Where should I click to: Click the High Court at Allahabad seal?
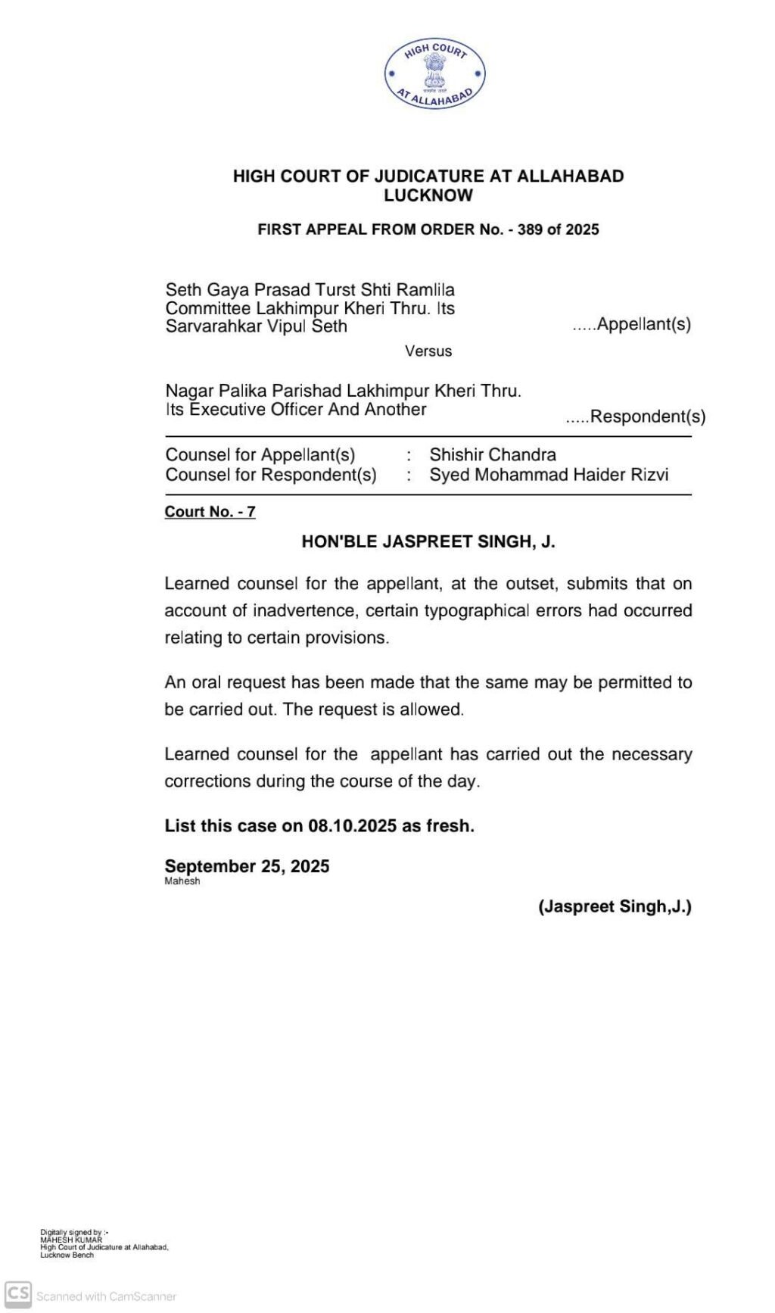[x=434, y=74]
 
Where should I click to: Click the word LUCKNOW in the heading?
[x=428, y=195]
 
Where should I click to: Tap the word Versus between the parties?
[x=428, y=351]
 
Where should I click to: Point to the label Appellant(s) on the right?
[x=643, y=324]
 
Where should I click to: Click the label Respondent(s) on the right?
[x=647, y=416]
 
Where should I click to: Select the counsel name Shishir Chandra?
[x=493, y=455]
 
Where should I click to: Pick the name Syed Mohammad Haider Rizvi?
[x=549, y=475]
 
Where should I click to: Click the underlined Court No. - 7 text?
[x=210, y=512]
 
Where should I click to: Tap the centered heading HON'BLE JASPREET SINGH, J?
[x=428, y=542]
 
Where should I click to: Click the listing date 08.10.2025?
[x=352, y=826]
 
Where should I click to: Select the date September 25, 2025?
[x=247, y=866]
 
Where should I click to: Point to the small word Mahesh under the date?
[x=182, y=881]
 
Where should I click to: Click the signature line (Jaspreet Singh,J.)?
[x=615, y=906]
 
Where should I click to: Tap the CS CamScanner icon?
[x=18, y=1294]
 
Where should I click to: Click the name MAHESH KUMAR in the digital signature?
[x=71, y=1240]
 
